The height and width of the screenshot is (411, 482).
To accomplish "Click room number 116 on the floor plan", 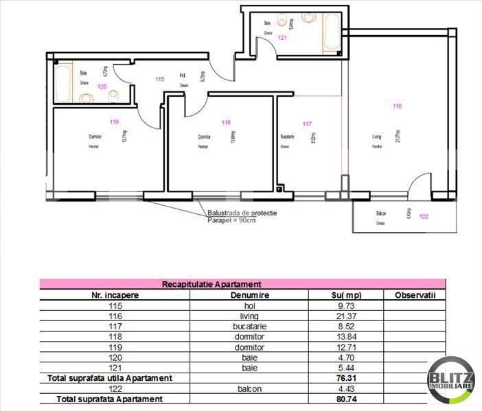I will [x=397, y=106].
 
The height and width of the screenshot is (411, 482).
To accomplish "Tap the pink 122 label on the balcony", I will [x=423, y=217].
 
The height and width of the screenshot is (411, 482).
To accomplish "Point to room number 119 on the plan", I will [x=114, y=122].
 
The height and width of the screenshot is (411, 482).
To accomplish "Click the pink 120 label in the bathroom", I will [x=102, y=86].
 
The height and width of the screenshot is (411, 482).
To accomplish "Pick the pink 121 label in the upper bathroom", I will [x=282, y=38].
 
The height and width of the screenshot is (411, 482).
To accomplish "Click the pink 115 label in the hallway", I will [x=160, y=79].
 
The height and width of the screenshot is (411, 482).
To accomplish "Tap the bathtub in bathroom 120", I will [x=63, y=82].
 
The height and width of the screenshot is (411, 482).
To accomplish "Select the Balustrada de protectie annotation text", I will [x=242, y=213].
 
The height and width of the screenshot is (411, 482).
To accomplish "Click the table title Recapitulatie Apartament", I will [x=211, y=283].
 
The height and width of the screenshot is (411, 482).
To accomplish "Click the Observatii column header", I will [x=415, y=294].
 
